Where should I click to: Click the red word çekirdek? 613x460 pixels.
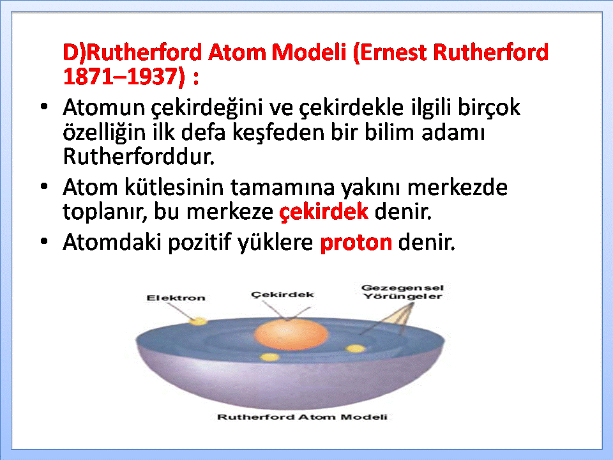pos(324,212)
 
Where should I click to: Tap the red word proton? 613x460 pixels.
pos(356,243)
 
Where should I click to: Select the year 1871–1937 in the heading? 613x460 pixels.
pos(123,76)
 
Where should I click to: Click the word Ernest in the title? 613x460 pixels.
pos(394,52)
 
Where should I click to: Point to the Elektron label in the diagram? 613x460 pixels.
pos(176,298)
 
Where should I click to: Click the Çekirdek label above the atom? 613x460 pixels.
pos(282,295)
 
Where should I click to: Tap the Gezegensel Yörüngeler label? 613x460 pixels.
pos(403,292)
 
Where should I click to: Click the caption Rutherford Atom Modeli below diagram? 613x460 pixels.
pos(302,417)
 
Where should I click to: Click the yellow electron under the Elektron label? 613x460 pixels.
pos(199,321)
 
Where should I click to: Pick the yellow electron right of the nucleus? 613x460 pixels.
pos(356,349)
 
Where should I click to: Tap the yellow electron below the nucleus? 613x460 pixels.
pos(269,356)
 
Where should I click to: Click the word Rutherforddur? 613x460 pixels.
pos(139,157)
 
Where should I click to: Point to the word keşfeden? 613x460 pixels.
pos(279,132)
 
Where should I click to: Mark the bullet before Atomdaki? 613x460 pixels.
pos(44,241)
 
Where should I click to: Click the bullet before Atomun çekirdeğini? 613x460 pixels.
pos(44,107)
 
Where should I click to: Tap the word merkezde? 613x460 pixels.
pos(457,187)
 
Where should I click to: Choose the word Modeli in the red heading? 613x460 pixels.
pos(309,52)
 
